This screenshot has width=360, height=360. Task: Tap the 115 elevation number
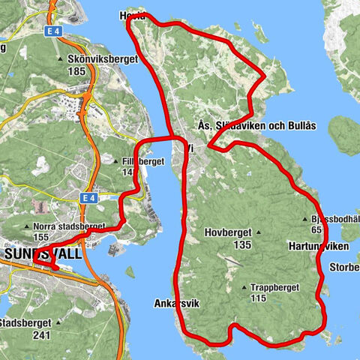coord(259,298)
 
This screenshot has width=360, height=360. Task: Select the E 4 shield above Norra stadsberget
coord(88,197)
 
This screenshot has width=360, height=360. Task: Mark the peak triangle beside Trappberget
coord(244,286)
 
